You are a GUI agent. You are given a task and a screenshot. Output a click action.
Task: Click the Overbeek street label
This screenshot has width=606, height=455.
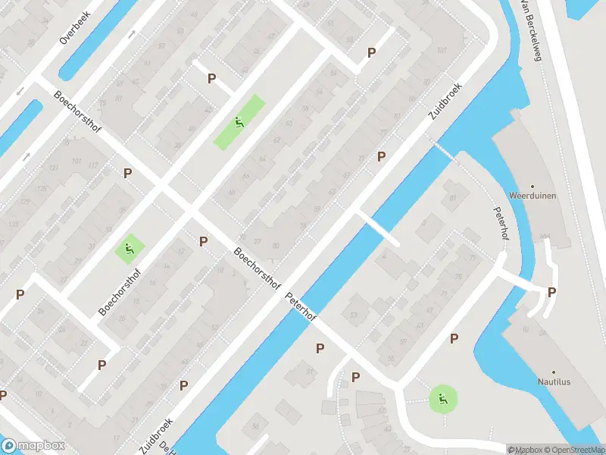pyautogui.click(x=74, y=28)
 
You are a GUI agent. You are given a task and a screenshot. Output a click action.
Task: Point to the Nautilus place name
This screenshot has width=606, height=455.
pyautogui.click(x=554, y=381)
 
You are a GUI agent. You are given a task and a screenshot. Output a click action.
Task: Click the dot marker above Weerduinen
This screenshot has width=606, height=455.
pyautogui.click(x=533, y=186)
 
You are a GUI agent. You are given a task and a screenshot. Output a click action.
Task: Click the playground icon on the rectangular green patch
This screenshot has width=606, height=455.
pyautogui.click(x=239, y=122)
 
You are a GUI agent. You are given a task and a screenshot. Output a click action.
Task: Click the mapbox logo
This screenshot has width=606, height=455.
pyautogui.click(x=33, y=446)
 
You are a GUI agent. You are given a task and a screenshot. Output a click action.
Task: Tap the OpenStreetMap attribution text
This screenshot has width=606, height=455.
pyautogui.click(x=573, y=450)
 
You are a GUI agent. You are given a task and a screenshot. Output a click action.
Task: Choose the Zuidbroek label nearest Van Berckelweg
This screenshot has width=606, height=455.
pyautogui.click(x=445, y=102)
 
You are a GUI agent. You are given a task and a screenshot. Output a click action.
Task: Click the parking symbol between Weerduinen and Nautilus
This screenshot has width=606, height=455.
pyautogui.click(x=552, y=293)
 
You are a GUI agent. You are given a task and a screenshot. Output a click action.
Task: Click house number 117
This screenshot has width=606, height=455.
pyautogui.click(x=93, y=165)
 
